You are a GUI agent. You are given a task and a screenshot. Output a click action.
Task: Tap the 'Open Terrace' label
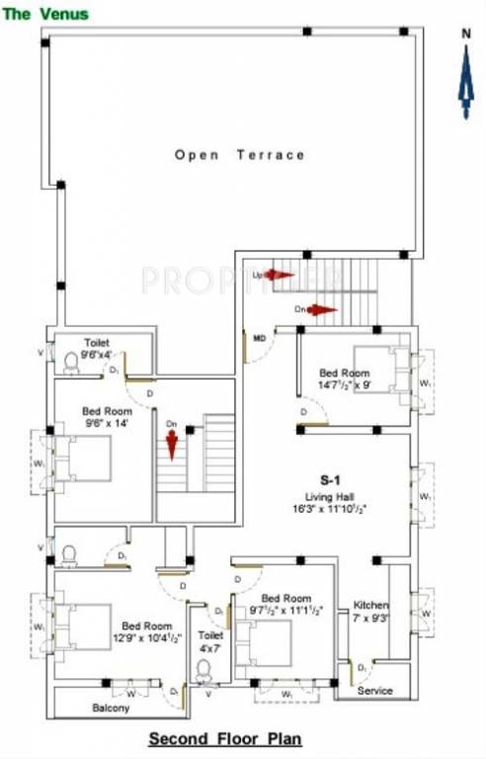240,155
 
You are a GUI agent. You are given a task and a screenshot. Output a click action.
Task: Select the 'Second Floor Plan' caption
225,739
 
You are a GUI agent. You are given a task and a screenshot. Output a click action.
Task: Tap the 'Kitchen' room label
371,605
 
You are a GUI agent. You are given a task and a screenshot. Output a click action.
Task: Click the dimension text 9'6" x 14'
104,423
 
